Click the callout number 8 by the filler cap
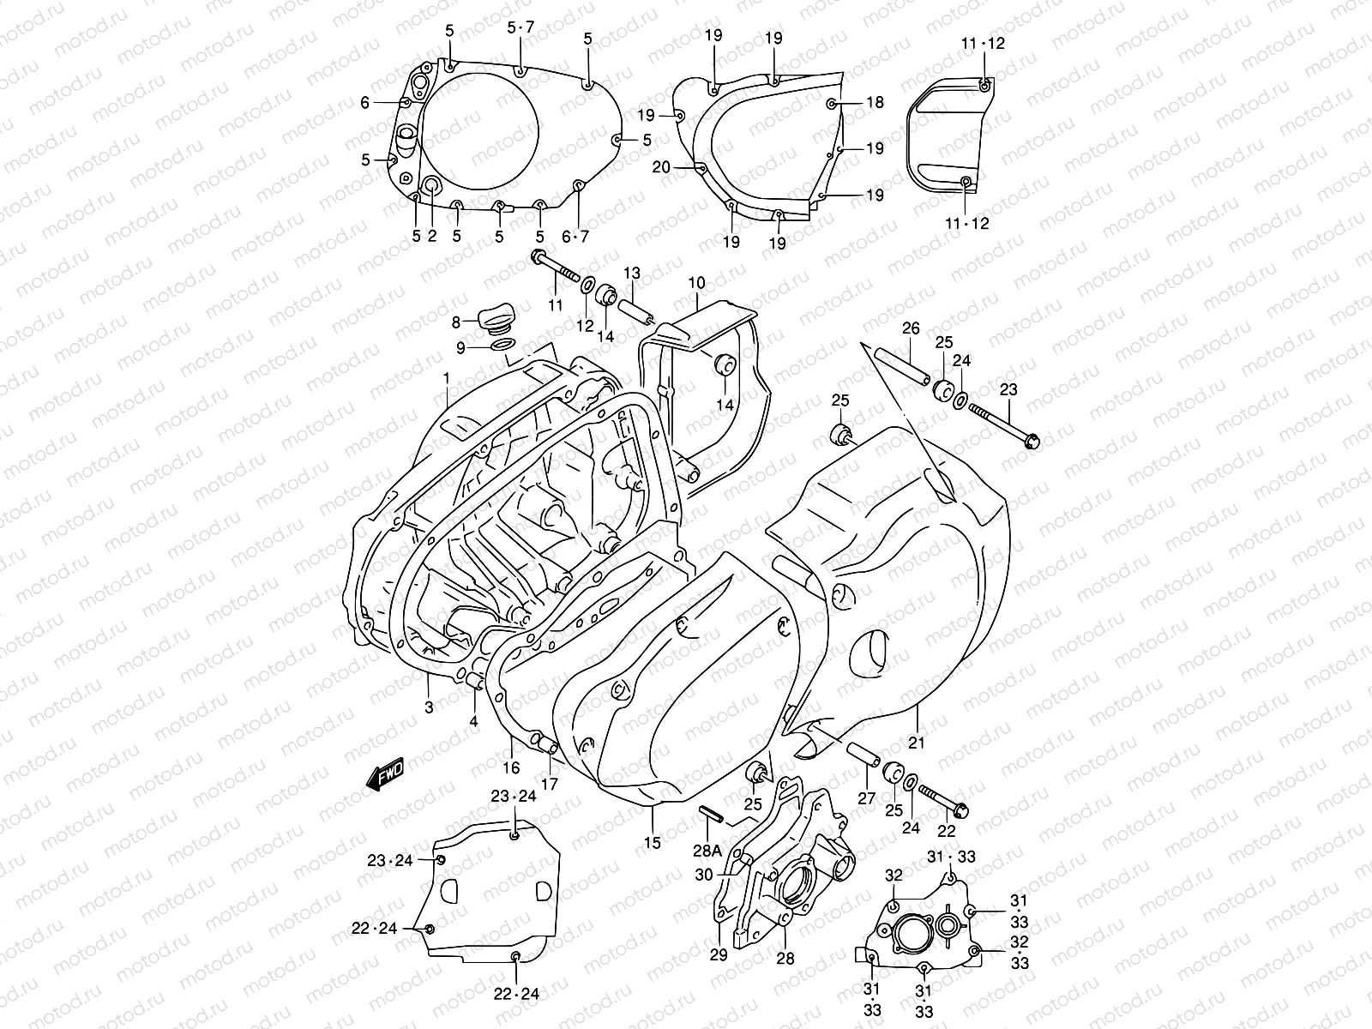coord(457,322)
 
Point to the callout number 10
coord(696,282)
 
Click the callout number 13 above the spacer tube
coord(631,274)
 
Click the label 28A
coord(708,851)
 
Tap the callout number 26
coord(910,328)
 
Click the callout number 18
coord(874,103)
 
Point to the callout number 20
coord(661,167)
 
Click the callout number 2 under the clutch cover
coord(431,236)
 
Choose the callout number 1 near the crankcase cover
coord(446,377)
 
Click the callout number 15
coord(653,843)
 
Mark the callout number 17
coord(549,783)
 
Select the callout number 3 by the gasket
coord(429,707)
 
